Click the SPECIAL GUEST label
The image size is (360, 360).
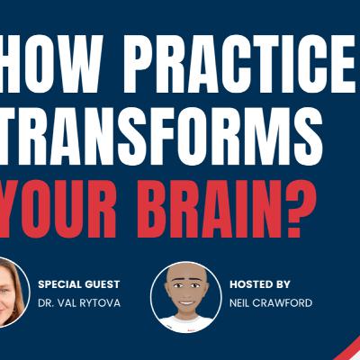tap(79, 283)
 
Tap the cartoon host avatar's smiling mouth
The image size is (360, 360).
tap(185, 304)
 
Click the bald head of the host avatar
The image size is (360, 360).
tap(185, 273)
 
